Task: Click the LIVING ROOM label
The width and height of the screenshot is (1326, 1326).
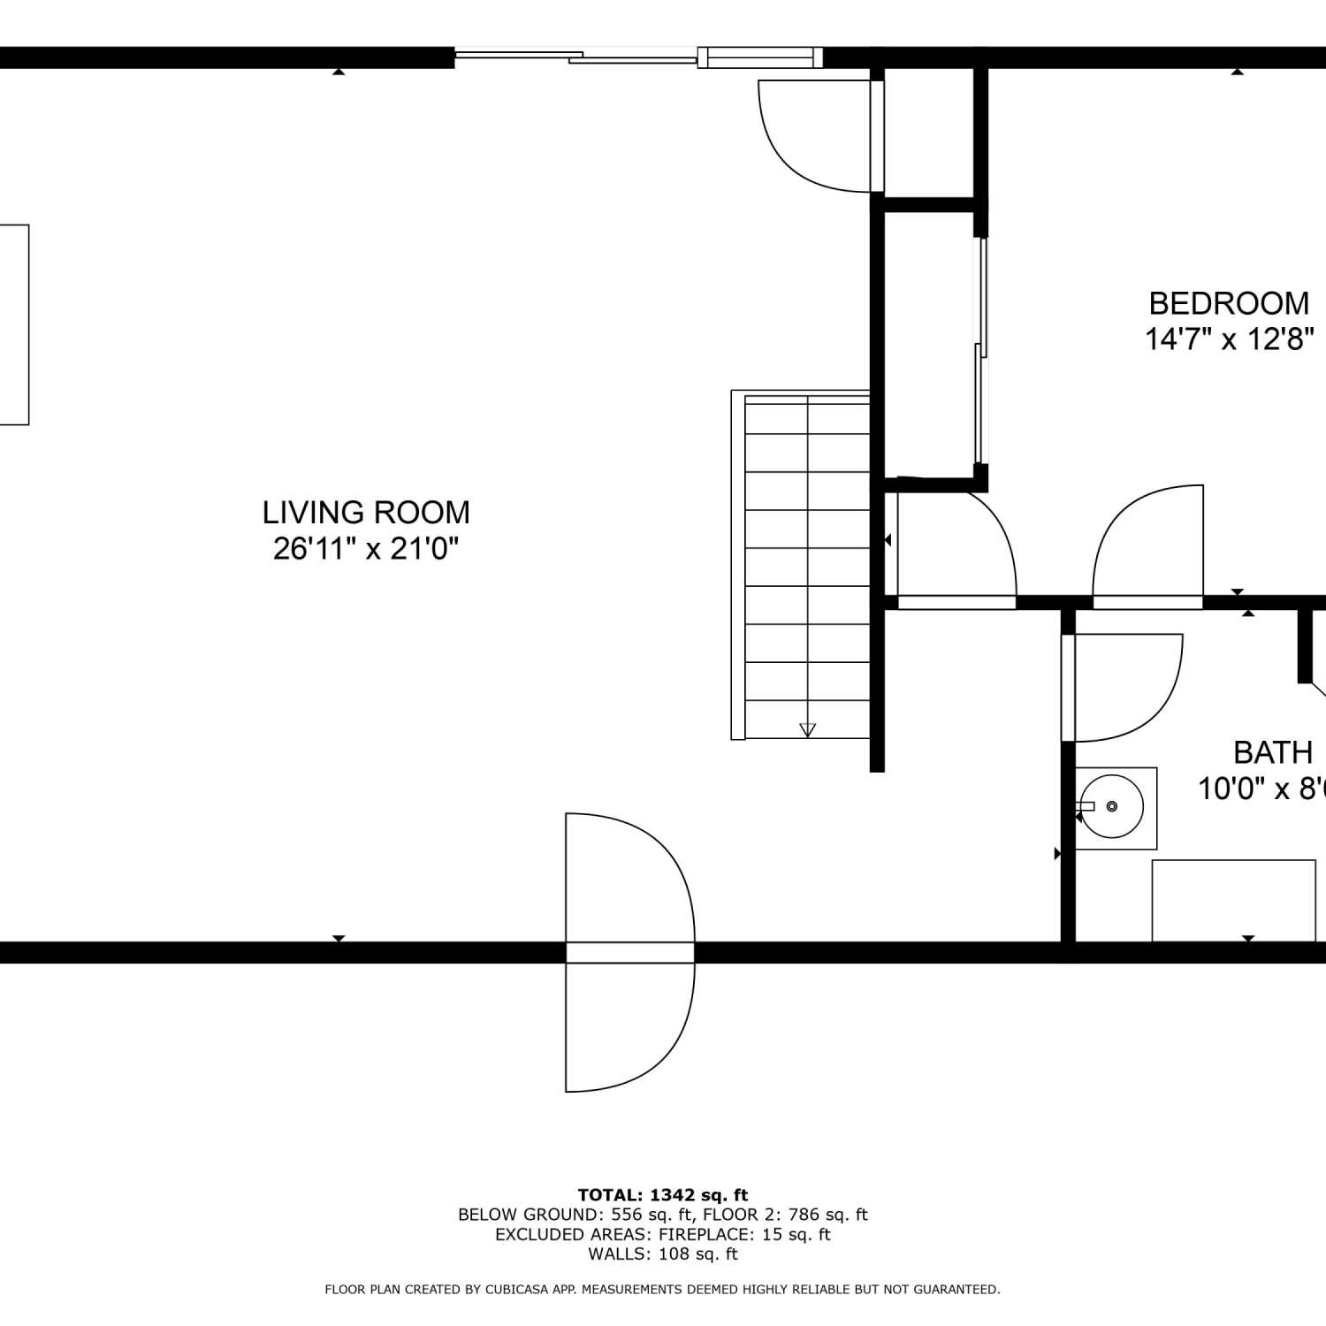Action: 366,513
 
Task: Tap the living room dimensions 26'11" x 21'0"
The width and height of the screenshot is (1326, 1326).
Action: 366,549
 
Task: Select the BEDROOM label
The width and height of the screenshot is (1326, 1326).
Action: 1229,303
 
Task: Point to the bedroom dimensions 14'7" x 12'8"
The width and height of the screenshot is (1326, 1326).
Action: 1230,339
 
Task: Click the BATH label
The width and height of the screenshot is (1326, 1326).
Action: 1273,753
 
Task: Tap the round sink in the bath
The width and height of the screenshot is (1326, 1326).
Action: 1112,806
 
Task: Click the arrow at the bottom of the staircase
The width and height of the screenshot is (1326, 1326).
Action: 807,729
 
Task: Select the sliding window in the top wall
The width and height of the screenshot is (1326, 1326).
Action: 638,57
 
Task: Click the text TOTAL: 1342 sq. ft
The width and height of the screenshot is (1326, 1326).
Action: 663,1196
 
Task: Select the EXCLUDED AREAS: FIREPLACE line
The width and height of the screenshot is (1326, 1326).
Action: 663,1235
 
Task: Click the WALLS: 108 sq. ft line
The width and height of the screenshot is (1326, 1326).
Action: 663,1254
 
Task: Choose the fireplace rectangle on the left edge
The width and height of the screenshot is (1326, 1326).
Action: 14,324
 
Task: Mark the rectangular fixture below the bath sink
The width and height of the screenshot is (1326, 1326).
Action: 1233,901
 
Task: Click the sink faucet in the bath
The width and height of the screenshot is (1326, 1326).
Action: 1086,806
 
